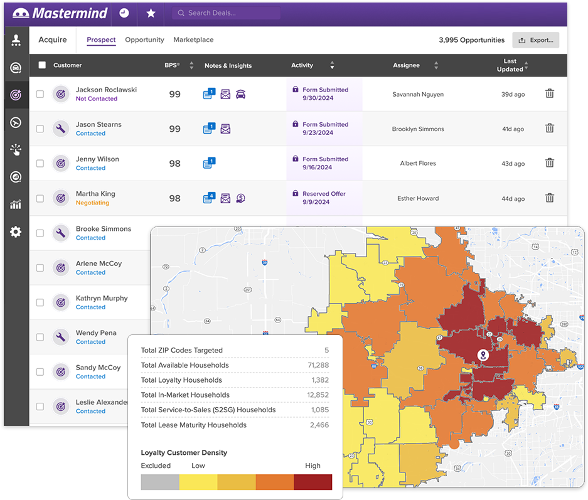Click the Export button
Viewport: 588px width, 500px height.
coord(535,40)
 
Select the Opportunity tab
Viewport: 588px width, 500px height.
coord(144,40)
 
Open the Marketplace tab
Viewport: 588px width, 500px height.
coord(193,40)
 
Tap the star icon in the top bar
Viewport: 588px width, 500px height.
coord(151,13)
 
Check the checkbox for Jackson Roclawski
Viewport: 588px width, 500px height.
coord(40,94)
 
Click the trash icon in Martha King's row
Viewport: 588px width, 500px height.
coord(549,198)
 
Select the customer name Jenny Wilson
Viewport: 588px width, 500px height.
coord(97,159)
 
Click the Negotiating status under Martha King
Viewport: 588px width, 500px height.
coord(92,203)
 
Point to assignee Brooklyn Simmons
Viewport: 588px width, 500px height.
coord(418,129)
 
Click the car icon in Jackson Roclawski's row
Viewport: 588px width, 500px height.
coord(240,94)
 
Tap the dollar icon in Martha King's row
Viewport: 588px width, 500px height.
coord(240,198)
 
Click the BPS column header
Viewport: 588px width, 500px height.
coord(171,65)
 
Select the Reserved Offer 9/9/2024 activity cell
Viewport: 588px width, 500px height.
coord(324,198)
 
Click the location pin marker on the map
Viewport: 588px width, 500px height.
coord(483,355)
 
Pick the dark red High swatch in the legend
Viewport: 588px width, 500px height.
coord(313,482)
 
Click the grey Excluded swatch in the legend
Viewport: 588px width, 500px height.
coord(160,482)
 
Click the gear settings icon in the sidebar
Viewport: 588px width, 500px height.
coord(16,232)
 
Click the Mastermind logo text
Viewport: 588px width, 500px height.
coord(70,13)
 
